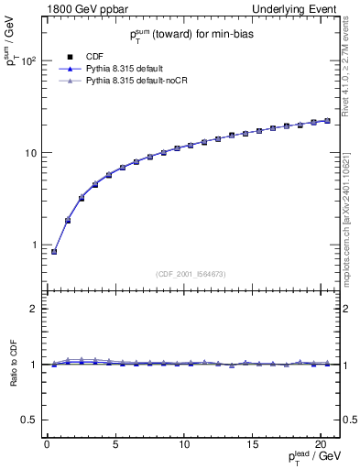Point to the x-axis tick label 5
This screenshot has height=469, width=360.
point(115,445)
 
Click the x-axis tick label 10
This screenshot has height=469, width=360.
point(184,445)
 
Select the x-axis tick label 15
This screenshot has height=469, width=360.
point(253,445)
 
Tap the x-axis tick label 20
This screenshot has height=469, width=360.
point(322,445)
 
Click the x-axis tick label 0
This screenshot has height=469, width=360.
point(47,445)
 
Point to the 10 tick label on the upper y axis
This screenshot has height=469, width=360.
point(30,153)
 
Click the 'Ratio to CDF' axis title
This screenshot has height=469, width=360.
point(13,364)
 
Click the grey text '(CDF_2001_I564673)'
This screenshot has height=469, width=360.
point(191,274)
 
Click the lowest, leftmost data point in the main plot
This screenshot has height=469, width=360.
point(54,251)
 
